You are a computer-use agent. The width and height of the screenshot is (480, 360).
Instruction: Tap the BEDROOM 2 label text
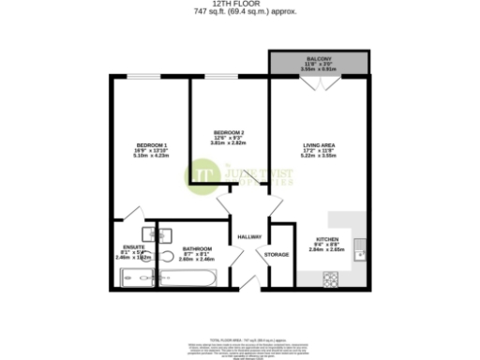[x=229, y=132]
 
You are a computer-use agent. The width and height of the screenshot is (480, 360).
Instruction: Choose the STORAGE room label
[x=276, y=254]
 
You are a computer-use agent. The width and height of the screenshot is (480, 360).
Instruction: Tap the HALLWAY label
[x=248, y=236]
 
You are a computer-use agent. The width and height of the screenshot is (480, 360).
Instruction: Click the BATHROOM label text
[x=197, y=248]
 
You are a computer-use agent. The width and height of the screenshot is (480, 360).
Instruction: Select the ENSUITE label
[x=134, y=247]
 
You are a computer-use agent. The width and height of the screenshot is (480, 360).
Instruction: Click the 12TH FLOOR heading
[x=240, y=4]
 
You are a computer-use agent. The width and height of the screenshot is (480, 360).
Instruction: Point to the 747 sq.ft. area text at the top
[x=240, y=11]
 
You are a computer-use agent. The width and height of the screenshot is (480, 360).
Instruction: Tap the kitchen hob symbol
[x=331, y=278]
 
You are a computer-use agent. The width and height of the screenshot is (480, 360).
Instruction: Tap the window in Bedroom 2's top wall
[x=223, y=77]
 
